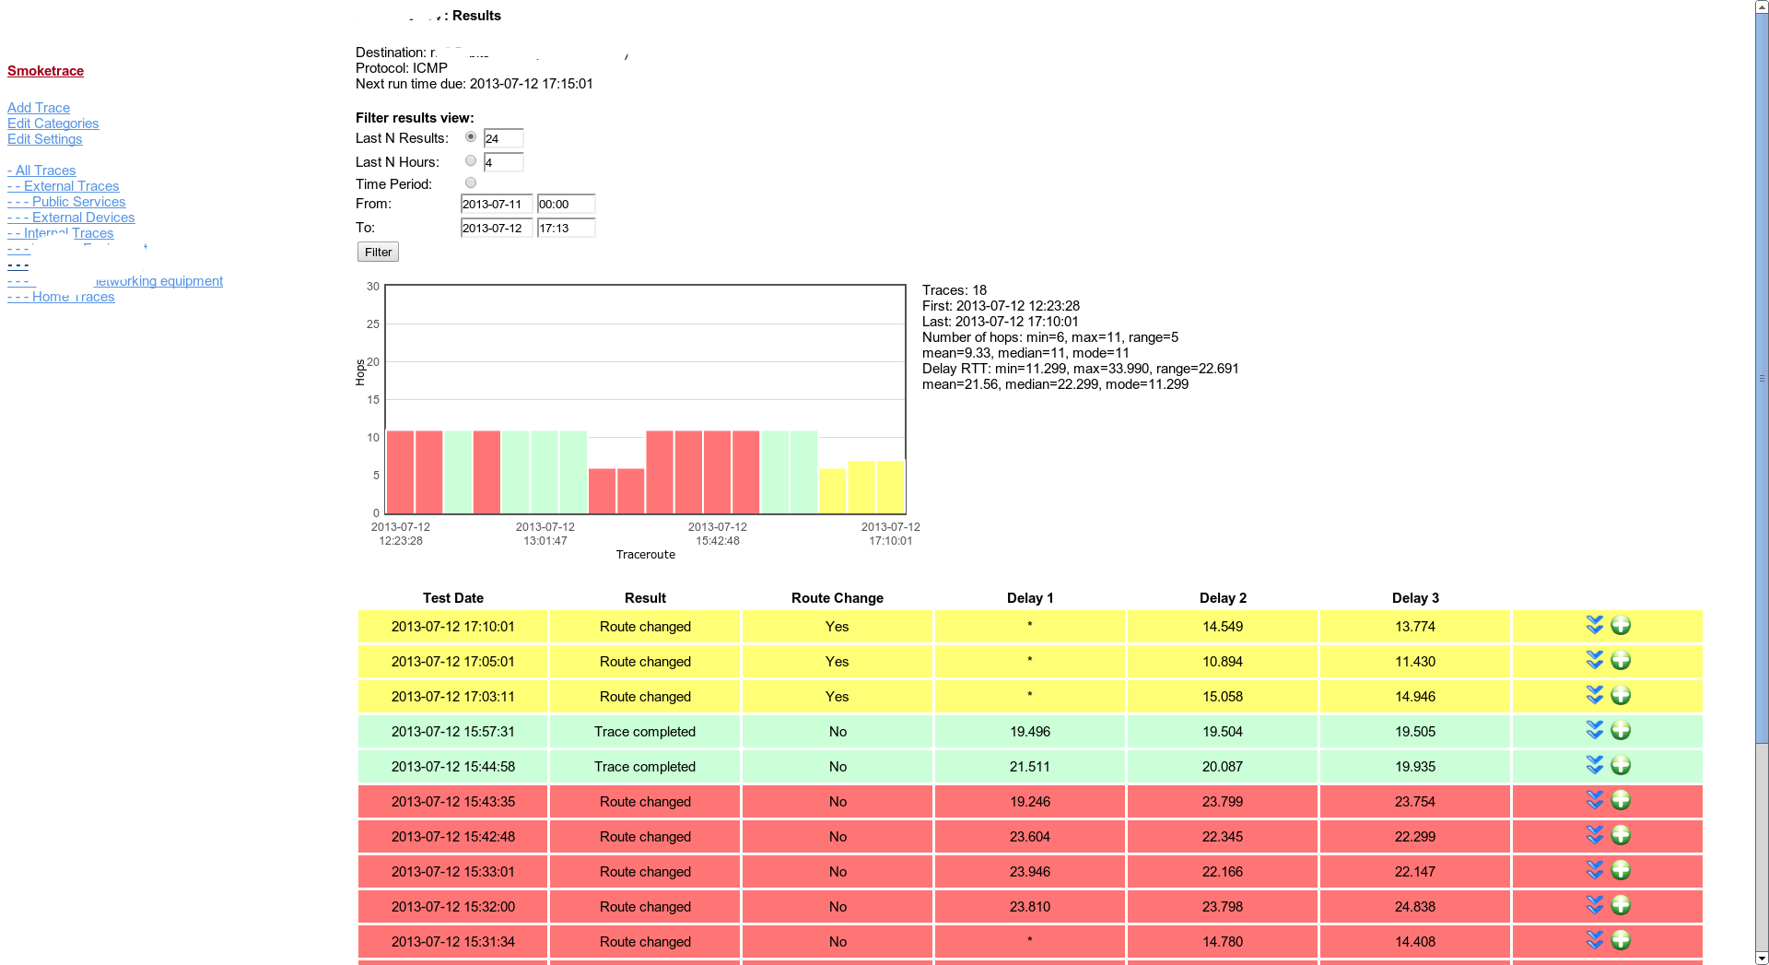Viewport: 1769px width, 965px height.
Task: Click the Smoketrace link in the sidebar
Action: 45,71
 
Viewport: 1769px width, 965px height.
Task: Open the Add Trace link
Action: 39,108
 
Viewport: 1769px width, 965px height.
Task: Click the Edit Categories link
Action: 53,124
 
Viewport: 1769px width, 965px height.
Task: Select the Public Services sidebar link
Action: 78,202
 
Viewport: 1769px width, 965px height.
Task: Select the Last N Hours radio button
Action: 471,161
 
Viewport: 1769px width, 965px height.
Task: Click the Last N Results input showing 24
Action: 503,138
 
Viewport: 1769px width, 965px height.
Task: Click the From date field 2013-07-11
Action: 496,204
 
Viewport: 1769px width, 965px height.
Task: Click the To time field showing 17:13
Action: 566,228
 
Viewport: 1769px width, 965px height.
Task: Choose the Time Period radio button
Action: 471,183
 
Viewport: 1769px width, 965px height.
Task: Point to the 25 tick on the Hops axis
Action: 373,324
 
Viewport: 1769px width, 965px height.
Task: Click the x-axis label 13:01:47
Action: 545,541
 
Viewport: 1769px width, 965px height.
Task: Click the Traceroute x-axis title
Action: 645,555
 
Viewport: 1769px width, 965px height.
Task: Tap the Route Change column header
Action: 837,598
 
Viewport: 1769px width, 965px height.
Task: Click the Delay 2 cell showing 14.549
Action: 1222,627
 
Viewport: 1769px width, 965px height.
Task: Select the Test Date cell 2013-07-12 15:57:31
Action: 452,732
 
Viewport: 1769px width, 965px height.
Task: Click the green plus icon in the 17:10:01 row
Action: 1621,625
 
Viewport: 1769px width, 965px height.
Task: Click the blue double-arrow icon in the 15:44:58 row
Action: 1595,765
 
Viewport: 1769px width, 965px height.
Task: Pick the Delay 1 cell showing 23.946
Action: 1029,872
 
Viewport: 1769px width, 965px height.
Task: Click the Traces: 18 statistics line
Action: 954,290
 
